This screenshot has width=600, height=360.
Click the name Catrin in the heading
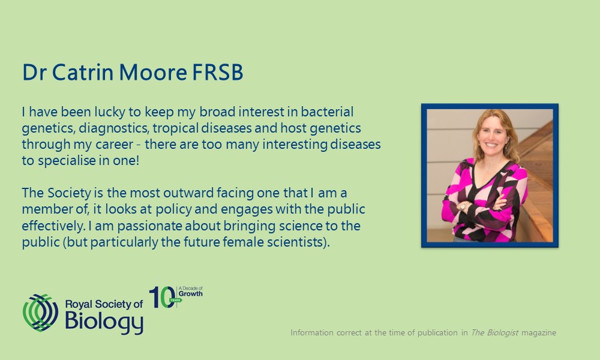coord(83,72)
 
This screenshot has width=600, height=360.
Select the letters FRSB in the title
coord(217,72)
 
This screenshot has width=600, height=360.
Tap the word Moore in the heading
coord(153,72)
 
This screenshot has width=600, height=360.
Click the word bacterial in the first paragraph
coord(327,112)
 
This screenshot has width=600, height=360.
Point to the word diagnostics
coord(113,128)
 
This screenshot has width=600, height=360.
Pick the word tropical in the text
coord(175,128)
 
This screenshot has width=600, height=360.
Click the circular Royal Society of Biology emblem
coord(41,313)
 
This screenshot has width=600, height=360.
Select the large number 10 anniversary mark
coord(162,297)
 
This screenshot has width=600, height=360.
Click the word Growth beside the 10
coord(191,294)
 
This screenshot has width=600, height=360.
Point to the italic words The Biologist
coord(494,332)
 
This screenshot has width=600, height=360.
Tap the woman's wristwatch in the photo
coord(463,206)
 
